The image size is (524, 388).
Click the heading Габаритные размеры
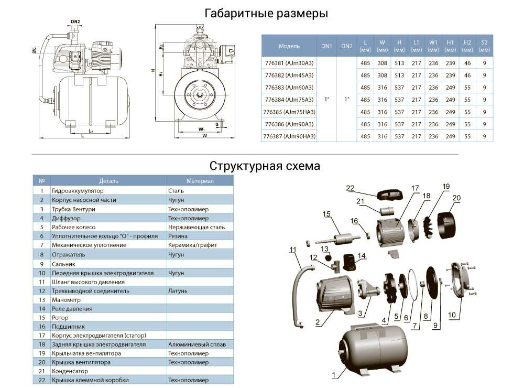point(266,14)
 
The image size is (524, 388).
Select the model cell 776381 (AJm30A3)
point(289,62)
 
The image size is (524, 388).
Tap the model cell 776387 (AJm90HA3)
point(289,136)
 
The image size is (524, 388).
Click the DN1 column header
point(327,46)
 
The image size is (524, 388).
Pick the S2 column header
point(484,46)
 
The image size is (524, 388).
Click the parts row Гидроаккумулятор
point(78,191)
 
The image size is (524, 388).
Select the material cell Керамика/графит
point(192,245)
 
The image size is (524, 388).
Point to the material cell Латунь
point(178,290)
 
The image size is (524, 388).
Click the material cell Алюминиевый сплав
point(197,344)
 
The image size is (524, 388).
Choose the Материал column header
point(200,181)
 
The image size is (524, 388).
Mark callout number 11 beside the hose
point(292,250)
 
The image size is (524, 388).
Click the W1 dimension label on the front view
point(201,128)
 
